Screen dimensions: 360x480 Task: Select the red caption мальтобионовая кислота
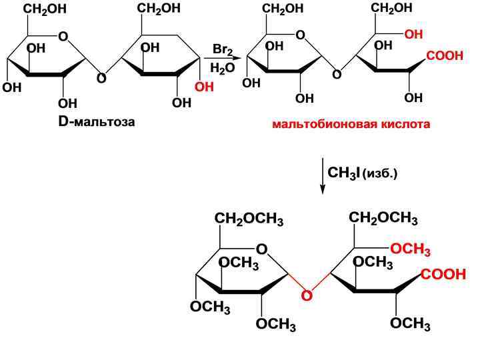pos(351,125)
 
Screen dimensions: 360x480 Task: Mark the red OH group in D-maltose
pos(204,87)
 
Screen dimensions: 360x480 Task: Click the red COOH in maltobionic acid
pos(445,57)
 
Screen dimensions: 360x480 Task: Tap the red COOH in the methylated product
pos(443,274)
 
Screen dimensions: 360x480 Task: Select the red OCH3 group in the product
pos(410,250)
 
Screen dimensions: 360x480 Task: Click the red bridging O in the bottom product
pos(307,295)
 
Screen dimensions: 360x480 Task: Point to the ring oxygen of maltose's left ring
pos(63,37)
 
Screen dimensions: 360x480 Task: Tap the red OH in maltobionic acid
pos(413,33)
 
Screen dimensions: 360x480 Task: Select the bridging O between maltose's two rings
pos(101,79)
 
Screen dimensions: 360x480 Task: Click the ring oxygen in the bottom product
pos(261,249)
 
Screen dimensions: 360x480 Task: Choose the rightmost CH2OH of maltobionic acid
pos(391,8)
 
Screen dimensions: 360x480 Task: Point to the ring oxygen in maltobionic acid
pos(300,35)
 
